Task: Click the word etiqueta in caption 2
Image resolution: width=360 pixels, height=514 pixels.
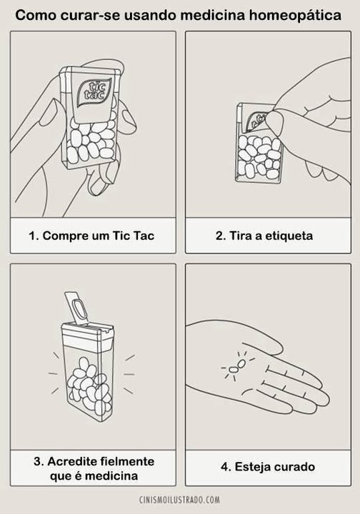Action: coord(289,236)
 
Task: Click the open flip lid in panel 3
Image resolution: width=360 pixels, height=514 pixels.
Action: coord(76,307)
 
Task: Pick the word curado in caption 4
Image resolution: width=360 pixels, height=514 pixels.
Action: coord(294,466)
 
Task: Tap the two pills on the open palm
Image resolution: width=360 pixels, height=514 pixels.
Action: coord(237,366)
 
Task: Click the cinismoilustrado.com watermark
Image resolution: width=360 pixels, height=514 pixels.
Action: coord(180,500)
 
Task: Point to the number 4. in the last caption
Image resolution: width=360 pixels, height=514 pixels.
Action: coord(226,466)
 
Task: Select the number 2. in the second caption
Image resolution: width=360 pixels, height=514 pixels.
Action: coord(221,236)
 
